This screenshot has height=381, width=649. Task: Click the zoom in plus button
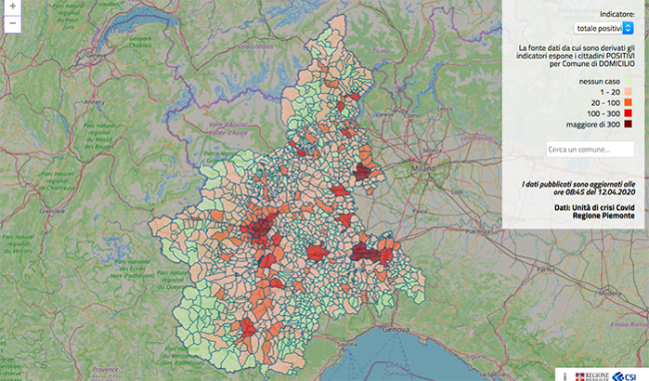(x=8, y=7)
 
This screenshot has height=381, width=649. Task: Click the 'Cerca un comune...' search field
(x=589, y=150)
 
